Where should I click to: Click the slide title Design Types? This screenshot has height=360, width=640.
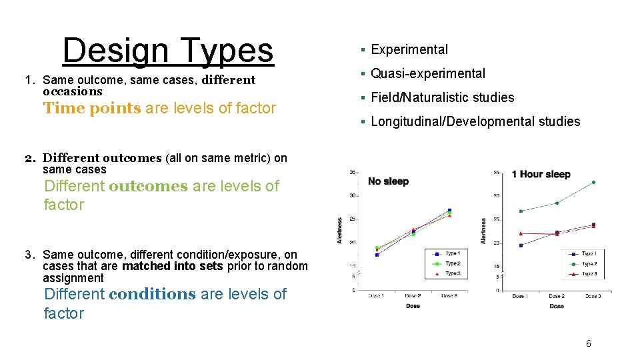(x=167, y=50)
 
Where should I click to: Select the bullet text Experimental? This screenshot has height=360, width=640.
(x=409, y=49)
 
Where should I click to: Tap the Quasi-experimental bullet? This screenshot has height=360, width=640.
(x=427, y=73)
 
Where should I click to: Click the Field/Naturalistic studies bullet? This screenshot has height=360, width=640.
(x=442, y=97)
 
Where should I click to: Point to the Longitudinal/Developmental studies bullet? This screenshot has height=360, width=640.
(x=475, y=121)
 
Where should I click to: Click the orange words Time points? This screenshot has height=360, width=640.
(x=92, y=109)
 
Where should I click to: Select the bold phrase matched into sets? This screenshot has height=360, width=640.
(x=173, y=266)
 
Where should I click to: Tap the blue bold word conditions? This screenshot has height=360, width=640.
(x=152, y=294)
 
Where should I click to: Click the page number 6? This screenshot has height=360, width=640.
(x=588, y=343)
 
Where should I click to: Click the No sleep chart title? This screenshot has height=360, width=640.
(x=388, y=181)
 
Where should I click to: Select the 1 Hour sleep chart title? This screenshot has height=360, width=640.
(x=541, y=174)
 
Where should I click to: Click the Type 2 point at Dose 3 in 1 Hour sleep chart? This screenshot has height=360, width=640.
(x=593, y=182)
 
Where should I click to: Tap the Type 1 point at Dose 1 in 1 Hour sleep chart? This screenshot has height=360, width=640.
(x=521, y=245)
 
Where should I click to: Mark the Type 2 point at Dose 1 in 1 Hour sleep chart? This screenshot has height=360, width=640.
(x=521, y=211)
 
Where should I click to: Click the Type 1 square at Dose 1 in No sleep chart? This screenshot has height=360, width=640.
(x=377, y=255)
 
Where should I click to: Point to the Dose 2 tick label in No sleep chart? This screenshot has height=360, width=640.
(x=413, y=296)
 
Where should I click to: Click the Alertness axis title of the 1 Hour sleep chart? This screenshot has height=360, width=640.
(x=484, y=230)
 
